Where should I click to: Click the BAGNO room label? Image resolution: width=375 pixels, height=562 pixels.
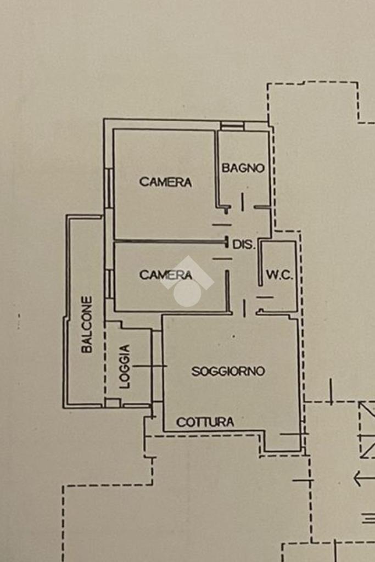243,168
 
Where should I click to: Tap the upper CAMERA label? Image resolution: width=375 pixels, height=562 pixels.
165,182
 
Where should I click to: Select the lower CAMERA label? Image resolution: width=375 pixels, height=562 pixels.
165,275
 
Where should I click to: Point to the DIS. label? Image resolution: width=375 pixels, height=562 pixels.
244,245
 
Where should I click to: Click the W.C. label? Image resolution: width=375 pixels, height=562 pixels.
279,275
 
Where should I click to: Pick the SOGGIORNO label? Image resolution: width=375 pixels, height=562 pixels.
228,372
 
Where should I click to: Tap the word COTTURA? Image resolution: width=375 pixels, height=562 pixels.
205,422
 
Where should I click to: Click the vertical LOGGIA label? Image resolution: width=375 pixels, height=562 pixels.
125,366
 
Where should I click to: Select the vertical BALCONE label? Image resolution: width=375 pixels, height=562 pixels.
87,324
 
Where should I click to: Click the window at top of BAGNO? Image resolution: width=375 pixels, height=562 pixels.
232,126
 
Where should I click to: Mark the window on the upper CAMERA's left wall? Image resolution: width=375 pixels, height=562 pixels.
109,188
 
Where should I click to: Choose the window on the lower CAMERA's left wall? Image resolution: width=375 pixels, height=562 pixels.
109,284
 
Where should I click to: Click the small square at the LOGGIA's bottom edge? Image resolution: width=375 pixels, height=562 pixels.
113,403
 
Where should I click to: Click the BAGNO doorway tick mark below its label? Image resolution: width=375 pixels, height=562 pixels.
242,202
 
